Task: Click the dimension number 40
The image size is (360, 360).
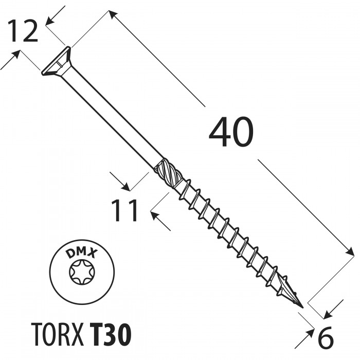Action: [231, 133]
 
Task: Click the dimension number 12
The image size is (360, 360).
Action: [24, 32]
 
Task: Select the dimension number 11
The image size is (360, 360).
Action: [125, 211]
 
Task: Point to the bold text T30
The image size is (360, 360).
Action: [110, 334]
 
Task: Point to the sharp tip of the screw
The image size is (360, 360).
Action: [300, 307]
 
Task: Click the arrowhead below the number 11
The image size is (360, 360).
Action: [155, 215]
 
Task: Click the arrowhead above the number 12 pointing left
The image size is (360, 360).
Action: [50, 21]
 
